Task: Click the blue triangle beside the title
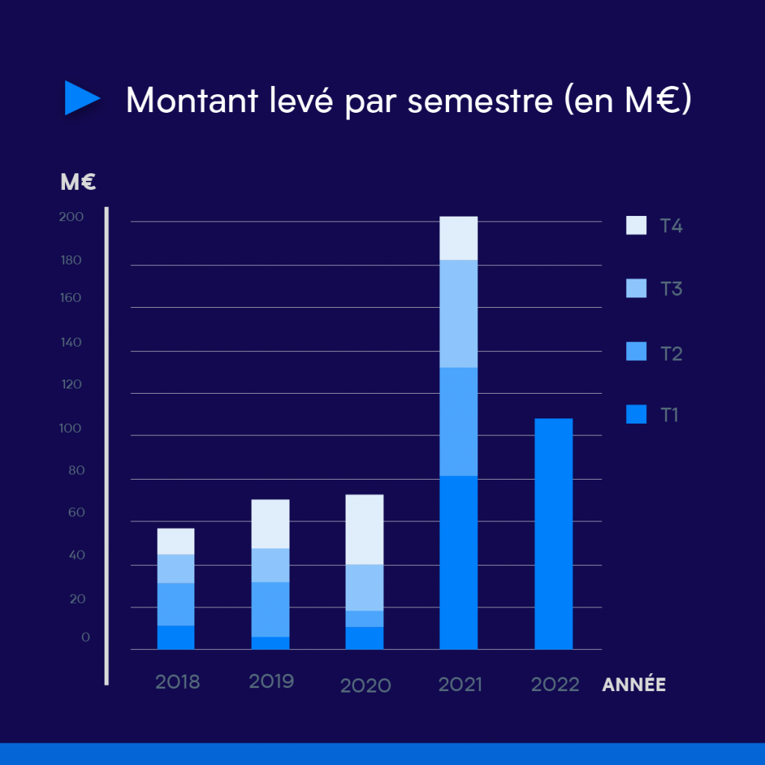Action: pos(81,98)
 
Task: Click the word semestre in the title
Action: pos(480,101)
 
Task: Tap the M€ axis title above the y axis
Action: pos(78,182)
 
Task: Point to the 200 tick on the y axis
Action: pos(71,217)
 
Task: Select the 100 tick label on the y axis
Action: pos(70,428)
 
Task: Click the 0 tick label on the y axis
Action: pos(86,637)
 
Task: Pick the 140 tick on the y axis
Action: pos(71,342)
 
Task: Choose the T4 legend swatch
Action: pos(637,226)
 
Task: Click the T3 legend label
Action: pos(672,289)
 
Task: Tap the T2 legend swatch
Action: pos(637,351)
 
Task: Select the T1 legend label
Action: pos(669,415)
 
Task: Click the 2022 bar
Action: pos(554,533)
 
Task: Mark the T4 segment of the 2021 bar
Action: pos(459,238)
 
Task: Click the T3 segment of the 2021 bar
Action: pos(459,314)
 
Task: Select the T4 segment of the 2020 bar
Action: pos(365,530)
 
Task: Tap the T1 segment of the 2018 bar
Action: pos(176,637)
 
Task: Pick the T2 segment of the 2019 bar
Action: pos(270,610)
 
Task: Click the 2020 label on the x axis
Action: pos(365,686)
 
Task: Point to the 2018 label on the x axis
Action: pos(178,682)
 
